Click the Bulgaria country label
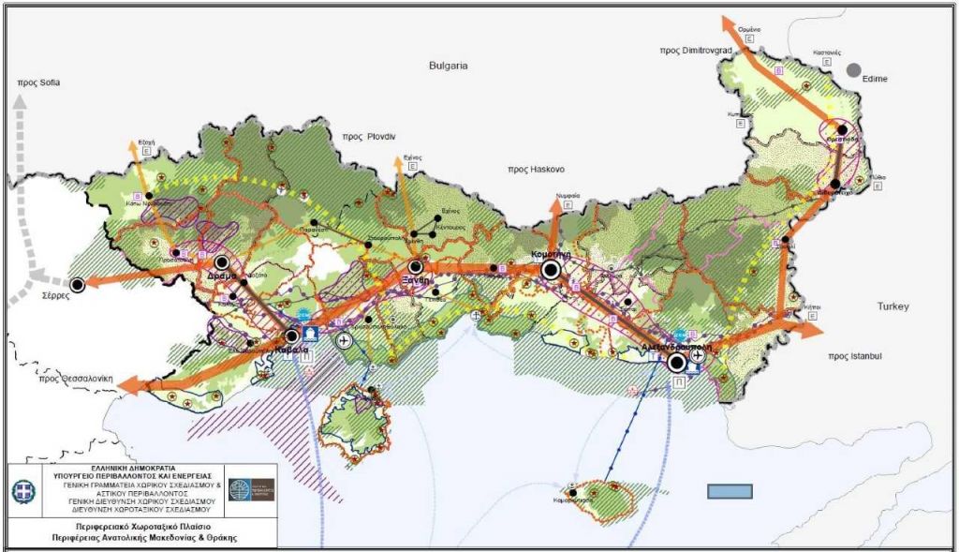(x=447, y=67)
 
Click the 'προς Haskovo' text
(x=536, y=170)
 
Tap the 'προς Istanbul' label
(x=856, y=357)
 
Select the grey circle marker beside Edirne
(x=853, y=69)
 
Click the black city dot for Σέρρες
(x=78, y=284)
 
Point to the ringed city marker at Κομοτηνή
(x=551, y=270)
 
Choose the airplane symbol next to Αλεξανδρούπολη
(x=697, y=355)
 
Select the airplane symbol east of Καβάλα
(x=344, y=340)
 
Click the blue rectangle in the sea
(x=730, y=492)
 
